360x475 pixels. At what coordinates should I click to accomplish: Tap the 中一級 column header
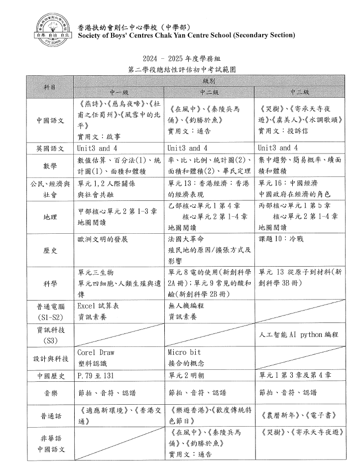[x=119, y=92]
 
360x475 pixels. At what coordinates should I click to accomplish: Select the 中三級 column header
[x=300, y=92]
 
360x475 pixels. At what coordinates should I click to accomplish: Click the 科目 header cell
[x=50, y=87]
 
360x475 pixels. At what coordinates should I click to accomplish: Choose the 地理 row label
[x=50, y=217]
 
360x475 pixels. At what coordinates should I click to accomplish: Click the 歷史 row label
[x=50, y=250]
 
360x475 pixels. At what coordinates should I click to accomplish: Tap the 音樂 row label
[x=50, y=393]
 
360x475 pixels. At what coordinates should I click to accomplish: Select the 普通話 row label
[x=50, y=415]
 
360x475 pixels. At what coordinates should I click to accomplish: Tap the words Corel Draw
[x=96, y=352]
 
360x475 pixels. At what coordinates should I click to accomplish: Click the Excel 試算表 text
[x=98, y=306]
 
